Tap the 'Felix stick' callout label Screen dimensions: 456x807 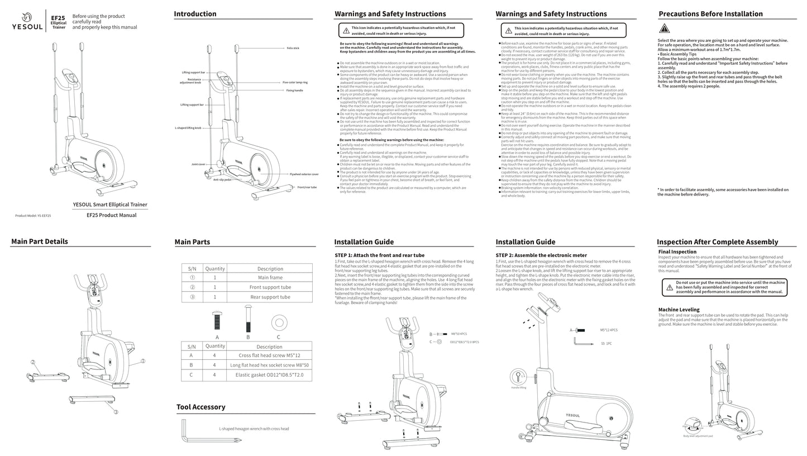(x=293, y=48)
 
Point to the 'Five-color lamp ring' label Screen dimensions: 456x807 (x=295, y=82)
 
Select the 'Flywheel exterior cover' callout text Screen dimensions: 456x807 (x=304, y=174)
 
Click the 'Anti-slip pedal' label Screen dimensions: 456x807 (x=222, y=180)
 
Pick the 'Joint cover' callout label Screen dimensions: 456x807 (x=198, y=164)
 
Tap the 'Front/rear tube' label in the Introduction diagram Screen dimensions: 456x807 (x=307, y=187)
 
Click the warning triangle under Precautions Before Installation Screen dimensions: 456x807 (x=664, y=29)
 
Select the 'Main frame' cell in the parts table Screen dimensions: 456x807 (x=270, y=278)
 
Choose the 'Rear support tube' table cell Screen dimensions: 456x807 (x=270, y=297)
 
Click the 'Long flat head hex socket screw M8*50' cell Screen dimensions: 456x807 (x=269, y=365)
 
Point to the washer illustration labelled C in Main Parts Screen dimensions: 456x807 (x=279, y=323)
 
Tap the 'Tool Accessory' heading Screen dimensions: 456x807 (x=201, y=407)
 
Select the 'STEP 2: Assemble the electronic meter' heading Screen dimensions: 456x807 (x=541, y=255)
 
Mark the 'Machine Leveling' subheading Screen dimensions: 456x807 (x=679, y=310)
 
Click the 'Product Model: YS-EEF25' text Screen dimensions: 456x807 (x=33, y=216)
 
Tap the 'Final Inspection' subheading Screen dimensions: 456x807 (x=677, y=252)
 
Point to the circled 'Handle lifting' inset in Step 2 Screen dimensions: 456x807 (x=519, y=376)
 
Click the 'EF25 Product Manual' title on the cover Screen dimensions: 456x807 (x=112, y=215)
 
